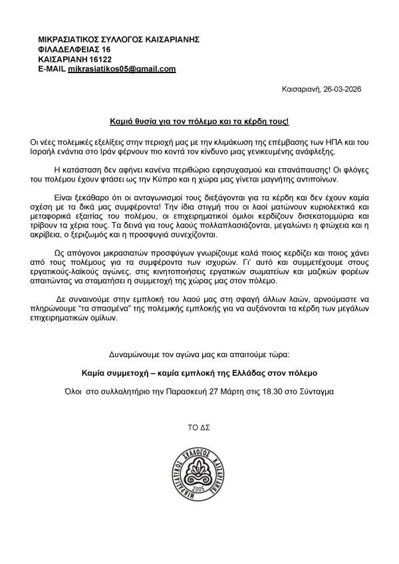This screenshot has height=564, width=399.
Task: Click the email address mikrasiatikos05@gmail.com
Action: click(122, 69)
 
